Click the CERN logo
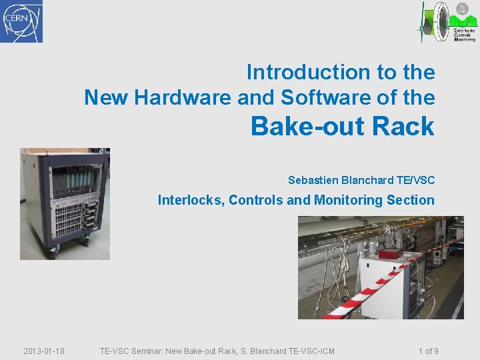(x=21, y=21)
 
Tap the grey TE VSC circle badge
(x=462, y=9)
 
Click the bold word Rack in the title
(x=404, y=126)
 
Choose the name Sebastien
(x=313, y=180)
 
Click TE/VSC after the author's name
(x=415, y=180)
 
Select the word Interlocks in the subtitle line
(x=191, y=200)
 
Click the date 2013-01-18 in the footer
(x=44, y=351)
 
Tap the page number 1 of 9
(x=428, y=351)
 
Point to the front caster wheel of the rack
(x=53, y=252)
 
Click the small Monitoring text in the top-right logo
(x=465, y=39)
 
